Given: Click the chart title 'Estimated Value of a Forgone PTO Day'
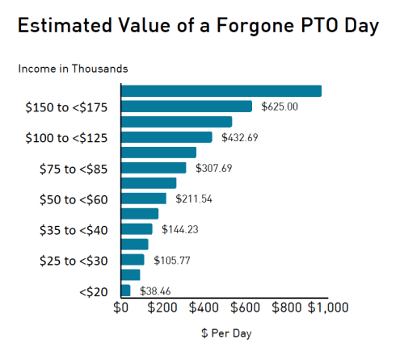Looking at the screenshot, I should pos(198,26).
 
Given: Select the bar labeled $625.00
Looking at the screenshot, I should pos(187,107).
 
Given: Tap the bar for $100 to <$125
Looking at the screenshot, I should pos(166,137).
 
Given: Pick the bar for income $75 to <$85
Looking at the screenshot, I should pos(154,168).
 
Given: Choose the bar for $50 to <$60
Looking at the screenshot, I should pos(144,199).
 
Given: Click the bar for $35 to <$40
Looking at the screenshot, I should pos(137,229).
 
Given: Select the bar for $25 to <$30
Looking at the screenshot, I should pos(133,260).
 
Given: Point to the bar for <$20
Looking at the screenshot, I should pos(126,291).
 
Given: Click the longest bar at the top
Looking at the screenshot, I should pos(221,91).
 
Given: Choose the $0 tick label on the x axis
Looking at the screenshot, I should pos(121,308).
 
